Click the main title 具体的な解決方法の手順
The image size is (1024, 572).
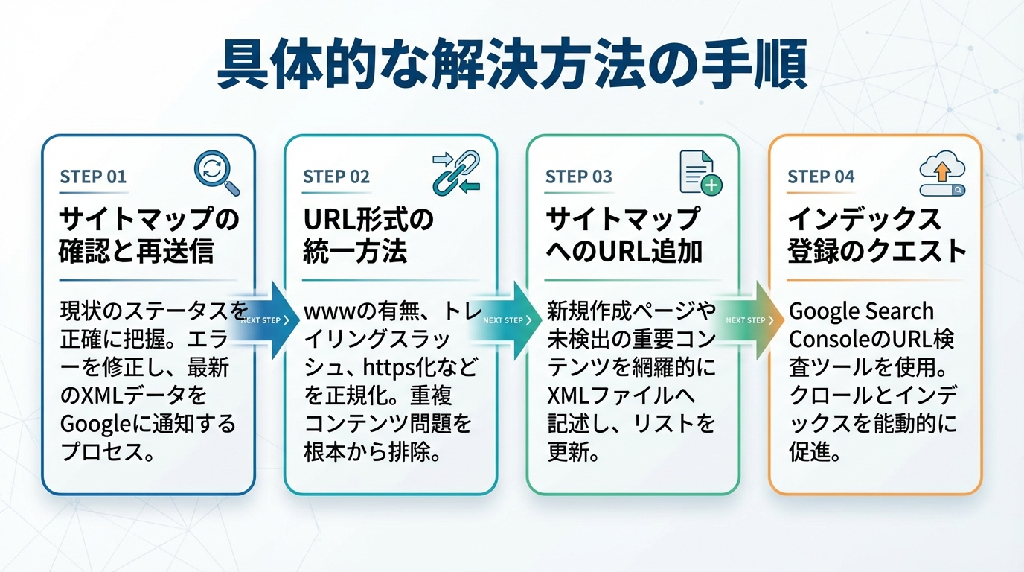point(511,67)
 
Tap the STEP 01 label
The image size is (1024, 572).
point(93,177)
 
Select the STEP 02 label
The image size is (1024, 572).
point(336,177)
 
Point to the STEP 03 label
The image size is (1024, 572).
point(578,177)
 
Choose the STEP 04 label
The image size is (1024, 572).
point(821,177)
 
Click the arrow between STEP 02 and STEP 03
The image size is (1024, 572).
point(512,320)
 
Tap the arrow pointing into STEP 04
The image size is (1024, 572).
point(755,320)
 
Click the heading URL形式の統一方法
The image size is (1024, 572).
point(368,235)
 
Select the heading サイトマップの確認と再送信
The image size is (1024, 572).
point(149,235)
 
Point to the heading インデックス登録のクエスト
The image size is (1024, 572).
point(877,235)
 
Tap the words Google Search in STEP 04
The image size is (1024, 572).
point(861,311)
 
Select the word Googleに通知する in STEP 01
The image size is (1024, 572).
point(147,424)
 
